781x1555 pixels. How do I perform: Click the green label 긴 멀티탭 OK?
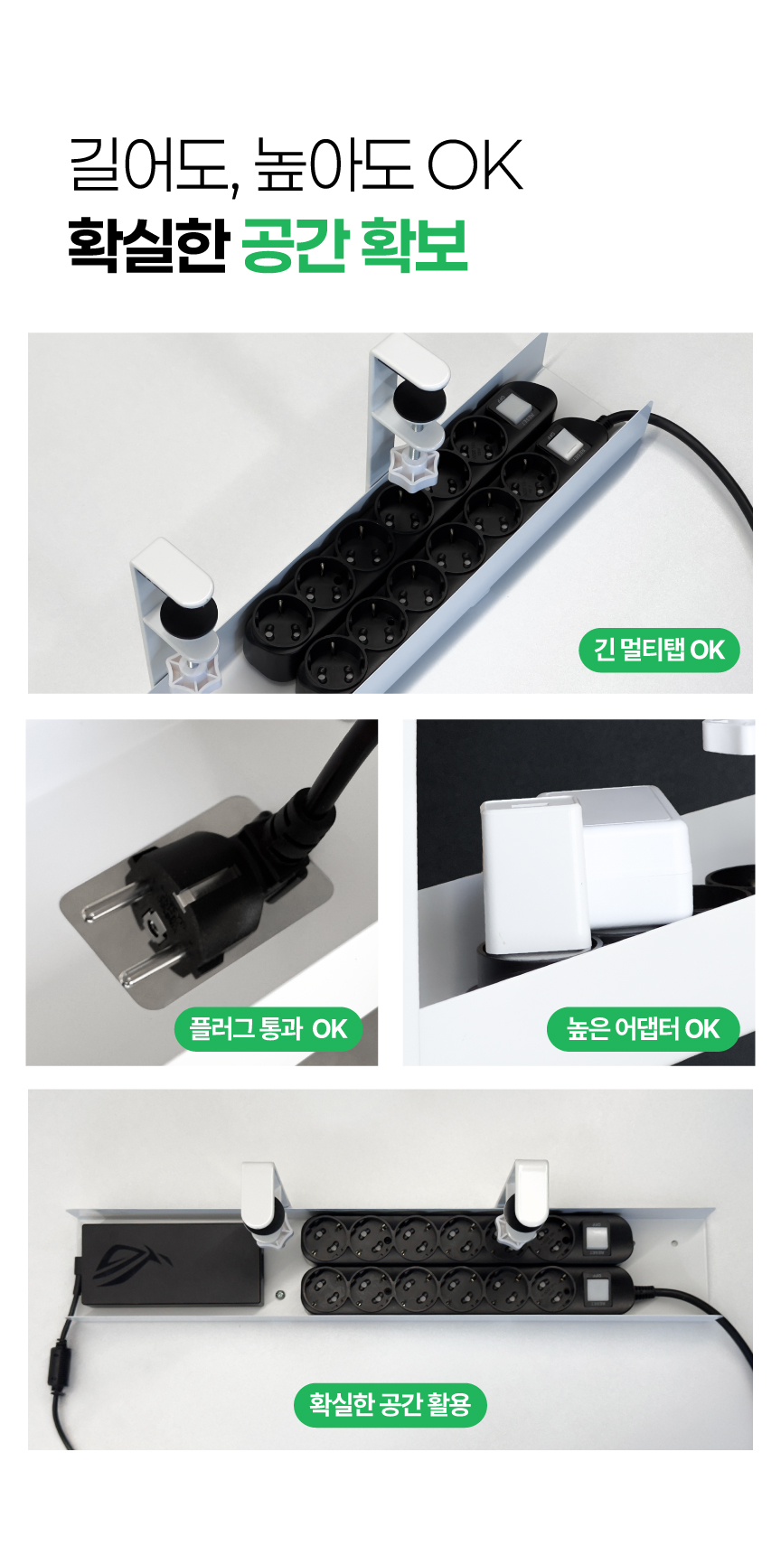(x=659, y=650)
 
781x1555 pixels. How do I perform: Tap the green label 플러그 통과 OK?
(x=268, y=1029)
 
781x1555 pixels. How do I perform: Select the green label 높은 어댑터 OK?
(x=643, y=1029)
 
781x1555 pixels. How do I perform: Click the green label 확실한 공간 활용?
(x=390, y=1404)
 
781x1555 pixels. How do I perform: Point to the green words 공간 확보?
(x=354, y=245)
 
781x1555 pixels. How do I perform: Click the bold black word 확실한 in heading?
(x=147, y=245)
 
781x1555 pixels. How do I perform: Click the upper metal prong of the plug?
(x=109, y=907)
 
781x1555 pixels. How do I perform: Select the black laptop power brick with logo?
(x=172, y=1264)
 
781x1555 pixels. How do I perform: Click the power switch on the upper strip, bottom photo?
(x=597, y=1237)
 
